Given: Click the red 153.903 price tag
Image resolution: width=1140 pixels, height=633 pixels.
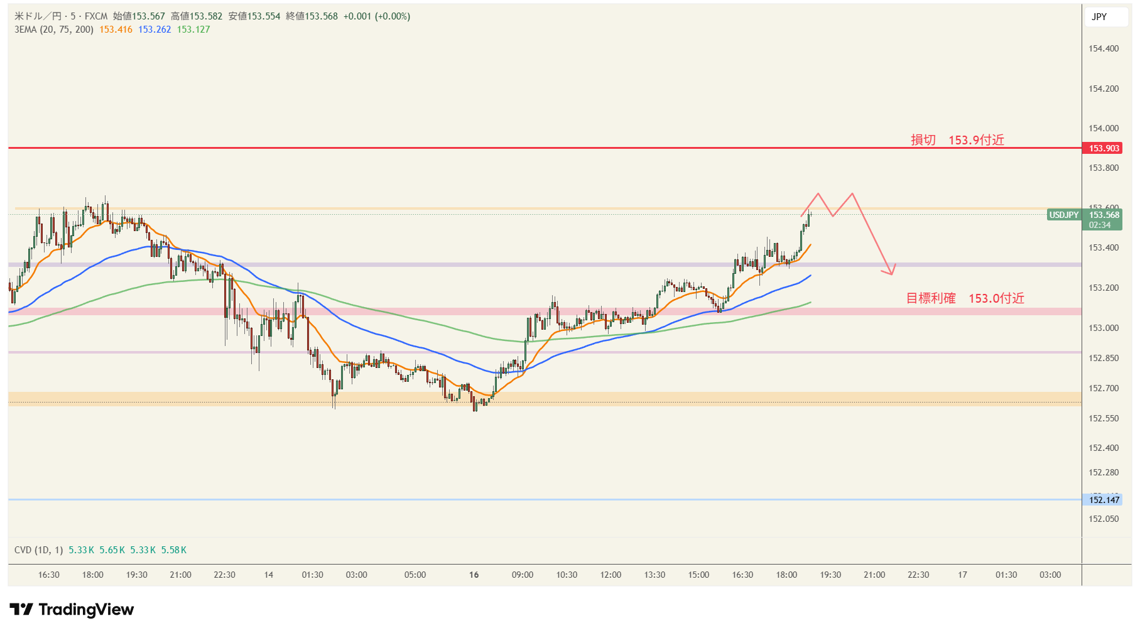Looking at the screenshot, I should click(x=1104, y=148).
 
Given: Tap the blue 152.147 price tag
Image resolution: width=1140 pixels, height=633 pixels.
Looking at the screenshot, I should click(x=1104, y=500).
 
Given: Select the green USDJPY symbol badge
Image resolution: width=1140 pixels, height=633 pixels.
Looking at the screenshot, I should click(x=1063, y=215).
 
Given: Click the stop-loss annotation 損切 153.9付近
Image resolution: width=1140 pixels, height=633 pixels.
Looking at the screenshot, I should click(x=957, y=140).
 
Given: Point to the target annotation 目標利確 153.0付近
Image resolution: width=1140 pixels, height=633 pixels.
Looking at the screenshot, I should click(x=965, y=298).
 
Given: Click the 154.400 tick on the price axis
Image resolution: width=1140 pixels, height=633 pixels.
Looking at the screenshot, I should click(x=1104, y=48).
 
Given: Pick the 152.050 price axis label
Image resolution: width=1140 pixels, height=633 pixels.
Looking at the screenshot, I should click(x=1104, y=519).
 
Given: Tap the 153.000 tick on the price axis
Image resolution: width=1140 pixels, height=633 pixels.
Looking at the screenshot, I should click(x=1104, y=328).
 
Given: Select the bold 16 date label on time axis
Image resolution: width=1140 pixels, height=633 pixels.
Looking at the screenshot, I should click(x=474, y=575).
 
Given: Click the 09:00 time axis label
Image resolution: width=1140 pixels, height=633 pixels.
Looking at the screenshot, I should click(x=523, y=575).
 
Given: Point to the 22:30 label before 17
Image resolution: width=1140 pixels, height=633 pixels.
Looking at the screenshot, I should click(x=918, y=575).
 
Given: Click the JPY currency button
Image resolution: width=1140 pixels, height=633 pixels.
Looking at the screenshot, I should click(x=1099, y=17).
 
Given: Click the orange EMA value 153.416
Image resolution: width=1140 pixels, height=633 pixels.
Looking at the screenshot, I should click(x=116, y=30).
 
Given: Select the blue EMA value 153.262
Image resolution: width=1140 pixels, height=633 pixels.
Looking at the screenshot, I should click(x=155, y=30).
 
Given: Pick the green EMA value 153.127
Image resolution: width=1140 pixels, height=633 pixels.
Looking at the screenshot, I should click(x=193, y=30).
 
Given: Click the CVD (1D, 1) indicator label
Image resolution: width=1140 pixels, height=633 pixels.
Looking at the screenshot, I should click(x=38, y=550).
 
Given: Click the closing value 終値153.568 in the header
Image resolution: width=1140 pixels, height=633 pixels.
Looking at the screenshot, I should click(x=312, y=16).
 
